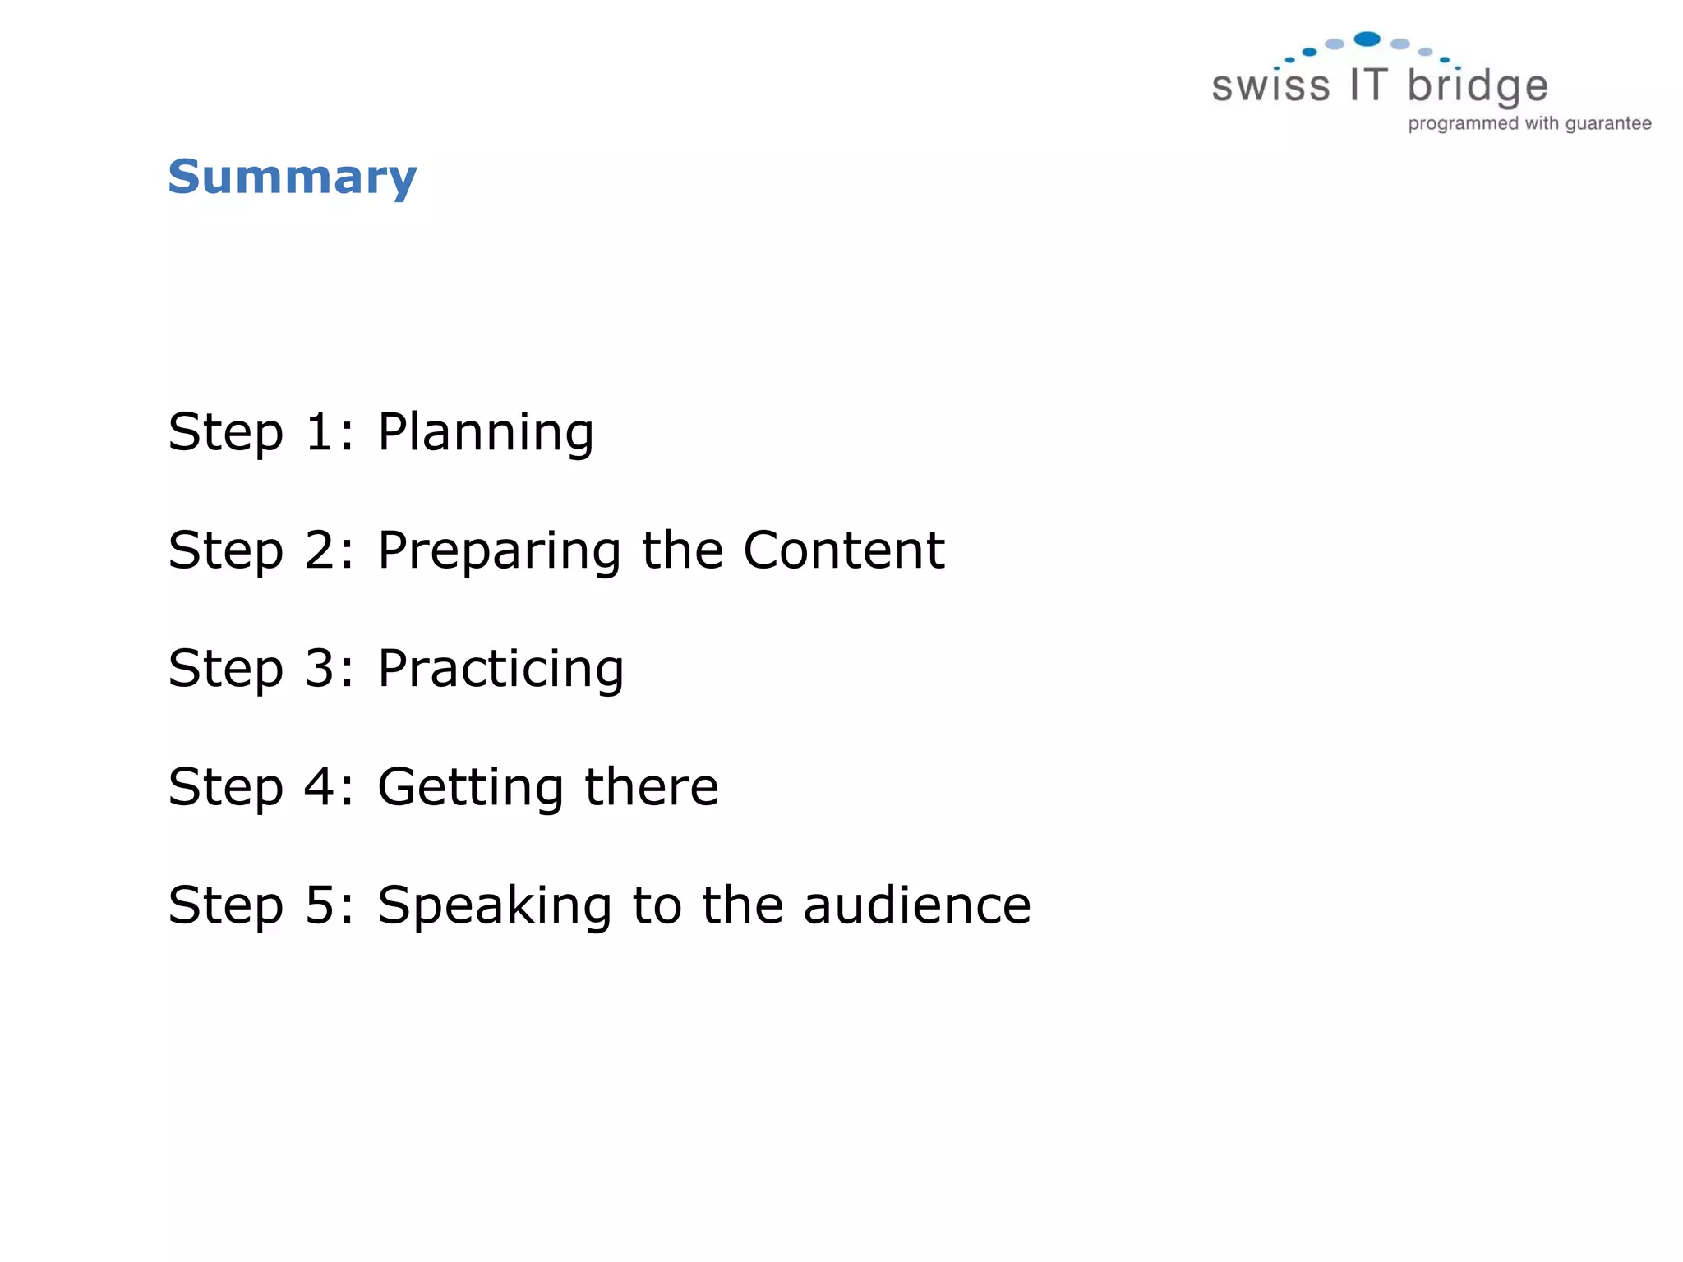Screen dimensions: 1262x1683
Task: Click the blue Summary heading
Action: tap(293, 177)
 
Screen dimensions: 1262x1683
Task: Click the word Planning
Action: tap(485, 433)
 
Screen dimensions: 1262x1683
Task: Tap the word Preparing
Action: tap(499, 551)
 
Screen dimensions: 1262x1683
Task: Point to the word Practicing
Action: tap(500, 670)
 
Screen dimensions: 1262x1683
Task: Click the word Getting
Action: tap(470, 788)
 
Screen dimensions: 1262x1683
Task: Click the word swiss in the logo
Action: tap(1270, 86)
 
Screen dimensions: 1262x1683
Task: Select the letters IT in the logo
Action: tap(1368, 85)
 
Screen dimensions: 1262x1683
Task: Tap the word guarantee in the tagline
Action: tap(1608, 124)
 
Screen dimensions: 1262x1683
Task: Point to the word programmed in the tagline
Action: tap(1463, 124)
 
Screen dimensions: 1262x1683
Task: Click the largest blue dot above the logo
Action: tap(1367, 39)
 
